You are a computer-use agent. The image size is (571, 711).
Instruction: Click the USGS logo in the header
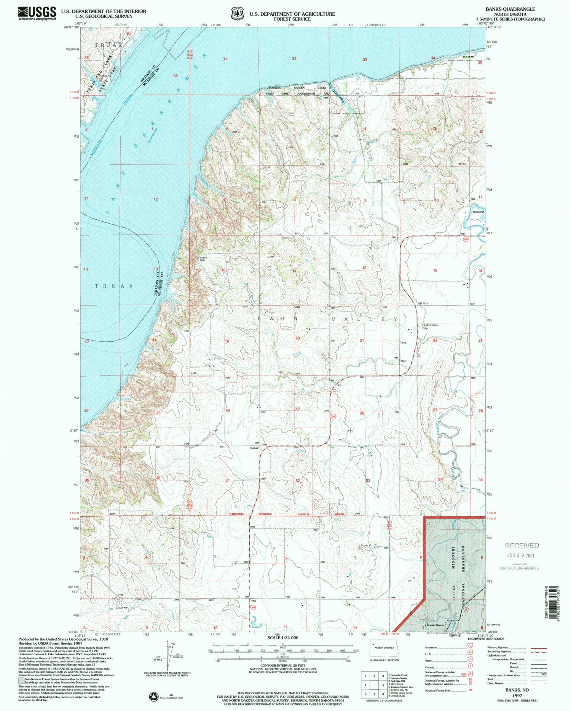pyautogui.click(x=37, y=13)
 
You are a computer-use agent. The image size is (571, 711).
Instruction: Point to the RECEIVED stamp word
pyautogui.click(x=522, y=546)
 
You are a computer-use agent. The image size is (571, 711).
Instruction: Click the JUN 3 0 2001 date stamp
pyautogui.click(x=522, y=555)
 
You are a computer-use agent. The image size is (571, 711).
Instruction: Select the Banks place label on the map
pyautogui.click(x=254, y=448)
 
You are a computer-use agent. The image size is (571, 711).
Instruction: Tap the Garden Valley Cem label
pyautogui.click(x=430, y=327)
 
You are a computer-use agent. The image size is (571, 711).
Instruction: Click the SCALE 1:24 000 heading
pyautogui.click(x=282, y=638)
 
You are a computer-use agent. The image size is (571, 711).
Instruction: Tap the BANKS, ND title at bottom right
pyautogui.click(x=517, y=690)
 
